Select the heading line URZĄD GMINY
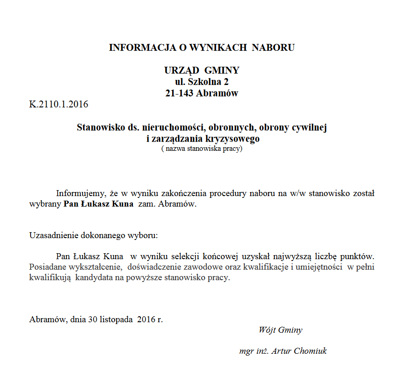[201, 70]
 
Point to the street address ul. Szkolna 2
[201, 82]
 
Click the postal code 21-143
[179, 93]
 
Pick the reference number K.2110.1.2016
[59, 104]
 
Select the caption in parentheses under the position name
[201, 149]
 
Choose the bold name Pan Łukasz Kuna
[98, 204]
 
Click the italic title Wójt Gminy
[280, 330]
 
